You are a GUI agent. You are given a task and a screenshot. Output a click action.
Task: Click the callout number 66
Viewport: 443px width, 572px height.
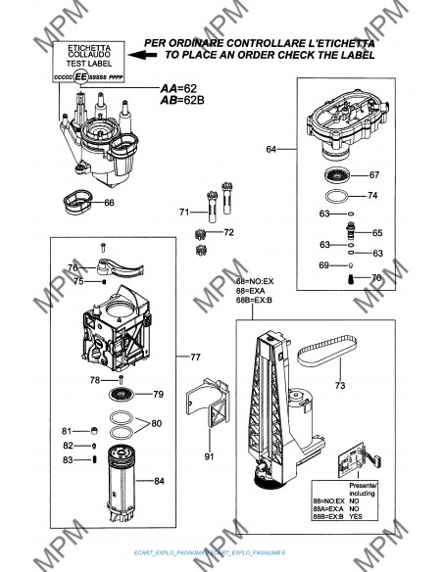[109, 203]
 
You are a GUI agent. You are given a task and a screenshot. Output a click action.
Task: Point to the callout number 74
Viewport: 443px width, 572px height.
[371, 196]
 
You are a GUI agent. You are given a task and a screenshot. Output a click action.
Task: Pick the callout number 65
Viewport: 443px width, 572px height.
[377, 233]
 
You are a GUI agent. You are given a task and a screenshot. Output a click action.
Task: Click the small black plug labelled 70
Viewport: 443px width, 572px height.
[351, 280]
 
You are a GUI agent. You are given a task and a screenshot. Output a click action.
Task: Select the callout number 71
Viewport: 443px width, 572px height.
[183, 213]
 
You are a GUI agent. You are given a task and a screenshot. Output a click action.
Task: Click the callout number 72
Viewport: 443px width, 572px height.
[228, 233]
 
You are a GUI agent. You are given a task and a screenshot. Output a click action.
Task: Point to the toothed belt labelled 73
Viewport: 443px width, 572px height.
[324, 348]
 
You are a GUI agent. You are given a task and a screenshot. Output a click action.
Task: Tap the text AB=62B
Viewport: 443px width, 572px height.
[182, 100]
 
